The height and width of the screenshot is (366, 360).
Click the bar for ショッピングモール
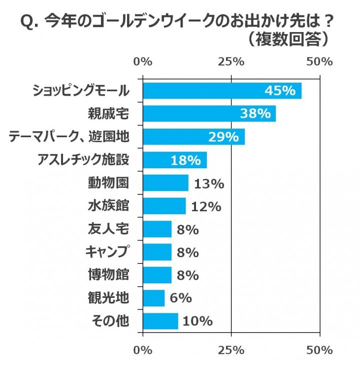[222, 91]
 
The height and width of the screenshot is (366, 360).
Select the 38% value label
[255, 114]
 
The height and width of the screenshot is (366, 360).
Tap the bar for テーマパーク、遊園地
[193, 137]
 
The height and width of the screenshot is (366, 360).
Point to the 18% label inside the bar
[185, 160]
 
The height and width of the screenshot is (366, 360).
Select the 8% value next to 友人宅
[187, 229]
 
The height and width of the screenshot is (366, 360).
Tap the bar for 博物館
[157, 275]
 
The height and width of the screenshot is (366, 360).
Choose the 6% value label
[180, 298]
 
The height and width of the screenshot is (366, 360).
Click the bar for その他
[160, 321]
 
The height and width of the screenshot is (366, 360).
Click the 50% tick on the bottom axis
[319, 349]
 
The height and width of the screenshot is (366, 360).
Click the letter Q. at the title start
[29, 22]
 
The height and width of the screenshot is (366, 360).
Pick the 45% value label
[280, 91]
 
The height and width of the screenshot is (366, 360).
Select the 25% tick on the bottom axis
[231, 349]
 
